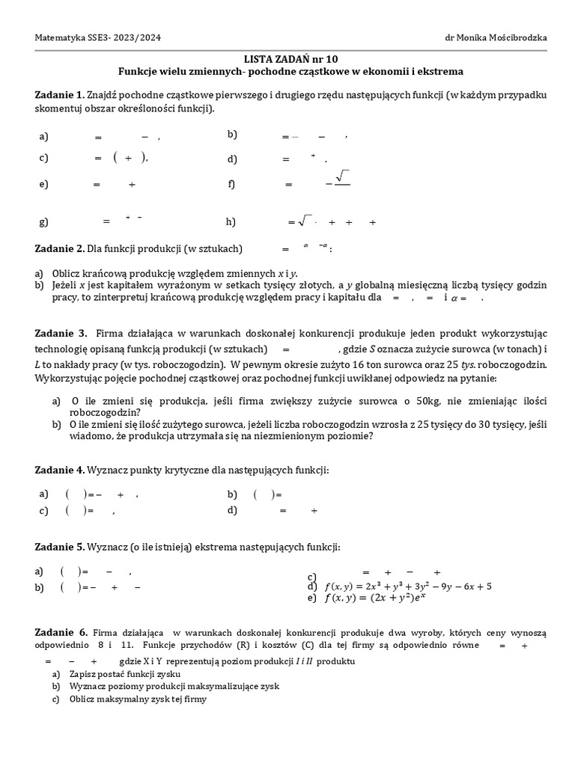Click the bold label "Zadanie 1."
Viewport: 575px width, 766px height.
60,95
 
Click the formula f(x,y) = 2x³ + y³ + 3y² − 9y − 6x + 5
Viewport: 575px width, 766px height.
407,586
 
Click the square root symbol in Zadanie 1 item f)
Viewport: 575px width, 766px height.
343,177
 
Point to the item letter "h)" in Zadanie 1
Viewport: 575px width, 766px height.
231,221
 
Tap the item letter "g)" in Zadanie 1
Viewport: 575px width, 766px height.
43,221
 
